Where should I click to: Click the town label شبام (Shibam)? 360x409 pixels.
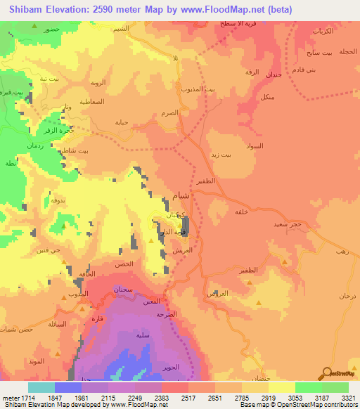pyautogui.click(x=179, y=197)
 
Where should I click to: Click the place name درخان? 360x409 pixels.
pyautogui.click(x=348, y=297)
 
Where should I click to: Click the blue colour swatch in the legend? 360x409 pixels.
pyautogui.click(x=67, y=387)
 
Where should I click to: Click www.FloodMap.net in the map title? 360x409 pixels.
pyautogui.click(x=219, y=9)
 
